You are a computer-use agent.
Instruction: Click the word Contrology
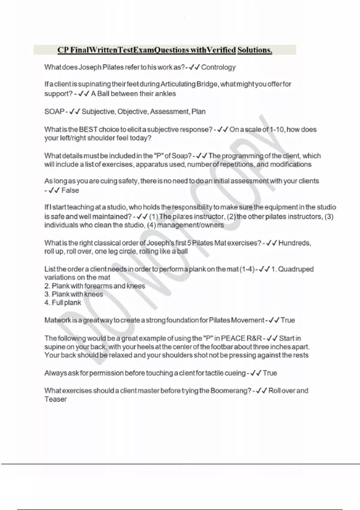point(218,67)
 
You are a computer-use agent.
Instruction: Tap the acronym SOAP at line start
point(54,112)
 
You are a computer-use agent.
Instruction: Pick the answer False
point(70,190)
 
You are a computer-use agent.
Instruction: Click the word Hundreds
point(294,243)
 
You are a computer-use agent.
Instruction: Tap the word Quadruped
point(296,269)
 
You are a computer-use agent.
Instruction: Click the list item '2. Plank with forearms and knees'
point(95,286)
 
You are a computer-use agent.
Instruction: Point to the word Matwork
point(57,320)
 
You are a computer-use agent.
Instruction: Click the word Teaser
point(55,399)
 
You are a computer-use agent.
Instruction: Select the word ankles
point(165,94)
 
